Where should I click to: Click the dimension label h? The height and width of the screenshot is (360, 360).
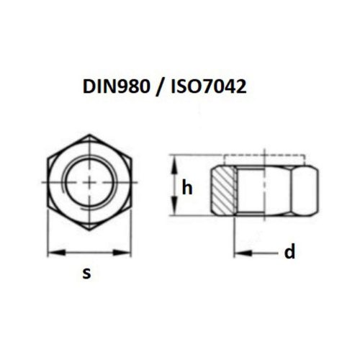pyautogui.click(x=187, y=189)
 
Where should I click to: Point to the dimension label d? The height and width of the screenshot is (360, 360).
pyautogui.click(x=289, y=252)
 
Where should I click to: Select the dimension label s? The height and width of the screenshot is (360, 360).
pyautogui.click(x=88, y=273)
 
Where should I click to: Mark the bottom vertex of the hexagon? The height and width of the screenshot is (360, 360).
pyautogui.click(x=90, y=233)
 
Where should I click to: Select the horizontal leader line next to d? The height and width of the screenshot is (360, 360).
pyautogui.click(x=259, y=253)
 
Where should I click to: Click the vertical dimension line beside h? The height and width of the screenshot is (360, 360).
pyautogui.click(x=173, y=189)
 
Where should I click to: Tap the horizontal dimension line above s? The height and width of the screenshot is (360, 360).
pyautogui.click(x=90, y=252)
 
